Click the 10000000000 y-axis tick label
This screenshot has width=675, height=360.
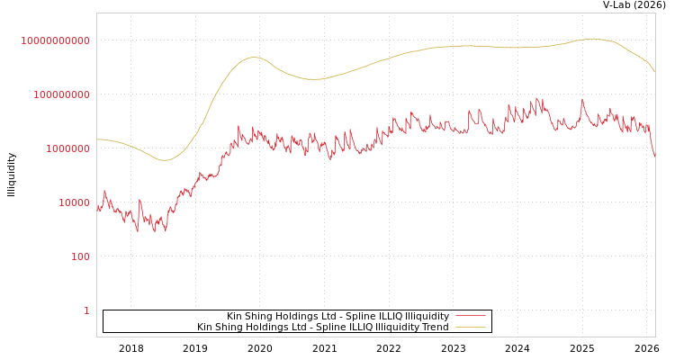coord(55,40)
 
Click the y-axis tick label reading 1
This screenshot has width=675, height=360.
coord(86,310)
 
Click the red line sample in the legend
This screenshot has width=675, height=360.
coord(471,316)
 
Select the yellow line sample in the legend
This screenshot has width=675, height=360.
coord(471,327)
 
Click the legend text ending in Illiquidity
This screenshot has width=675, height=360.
coord(337,316)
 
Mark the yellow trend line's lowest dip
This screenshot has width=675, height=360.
coord(164,160)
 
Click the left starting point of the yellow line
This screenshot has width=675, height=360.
coord(97,139)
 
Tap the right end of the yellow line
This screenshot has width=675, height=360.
coord(655,72)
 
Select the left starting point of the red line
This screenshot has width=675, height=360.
coord(97,208)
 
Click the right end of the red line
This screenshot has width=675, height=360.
coord(655,156)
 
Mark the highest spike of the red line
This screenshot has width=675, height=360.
coord(539,98)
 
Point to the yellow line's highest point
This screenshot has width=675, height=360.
coord(592,39)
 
